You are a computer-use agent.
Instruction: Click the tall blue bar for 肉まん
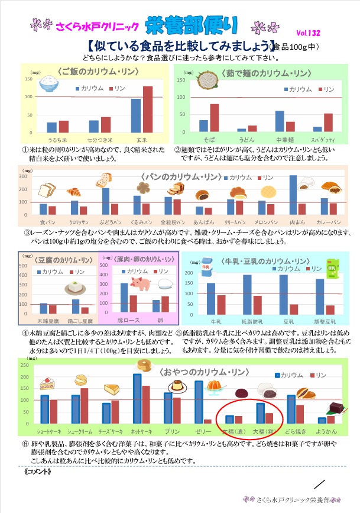(293, 195)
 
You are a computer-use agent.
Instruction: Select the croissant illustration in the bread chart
(75, 191)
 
